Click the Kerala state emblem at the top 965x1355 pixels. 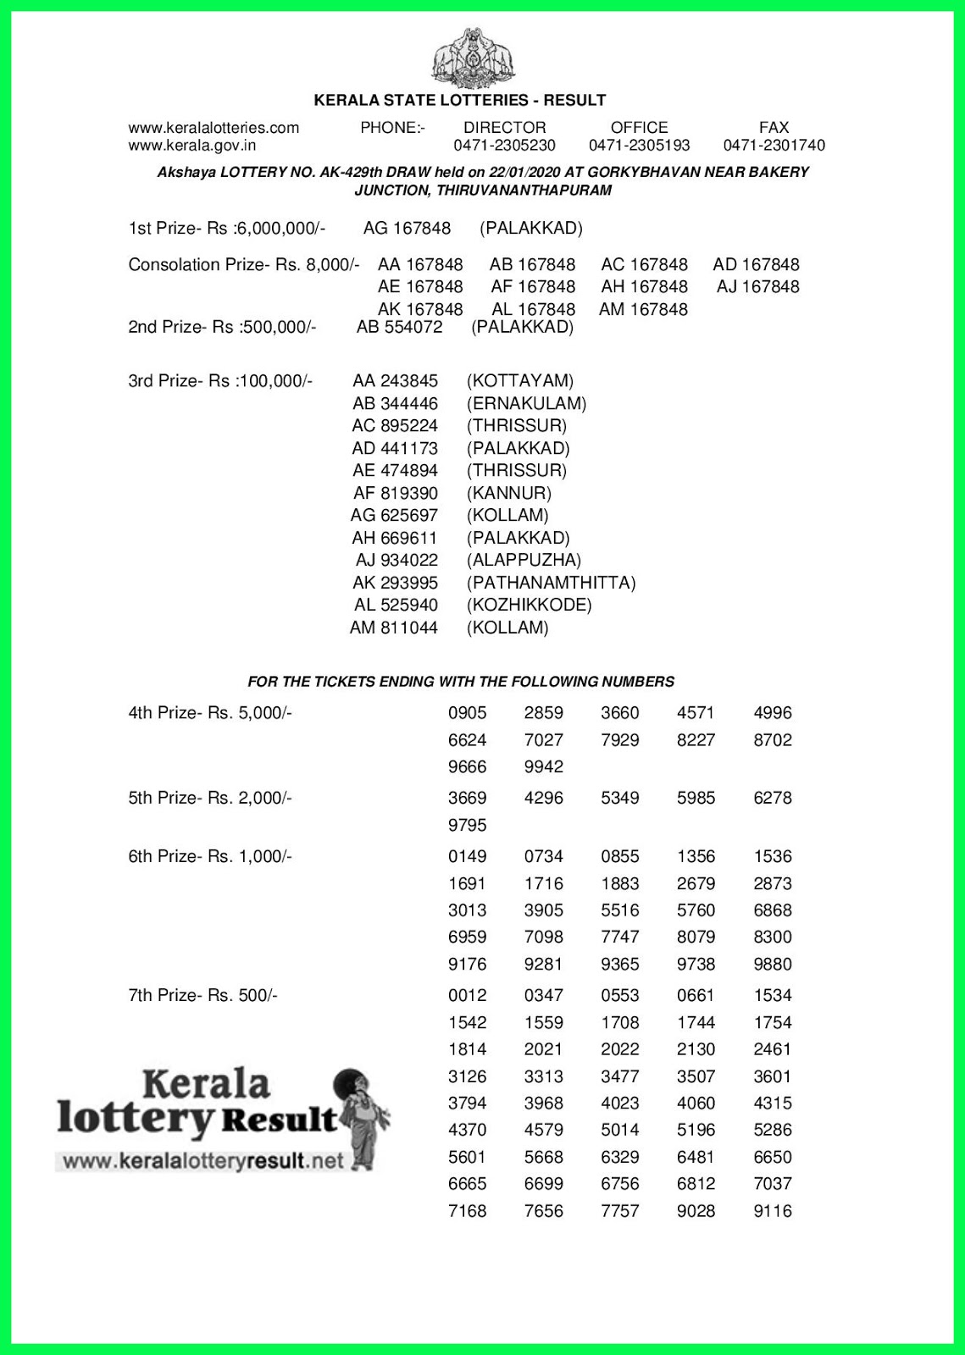click(474, 58)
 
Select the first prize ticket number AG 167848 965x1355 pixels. click(407, 229)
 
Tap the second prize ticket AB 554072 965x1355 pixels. click(399, 327)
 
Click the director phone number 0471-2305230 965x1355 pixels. click(504, 146)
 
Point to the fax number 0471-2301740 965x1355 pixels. click(774, 146)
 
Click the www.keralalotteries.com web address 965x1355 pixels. click(214, 128)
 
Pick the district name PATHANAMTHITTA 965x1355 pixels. click(551, 583)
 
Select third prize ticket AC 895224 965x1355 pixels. click(395, 426)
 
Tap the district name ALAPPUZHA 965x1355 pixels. click(524, 560)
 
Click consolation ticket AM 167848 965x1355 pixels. click(643, 310)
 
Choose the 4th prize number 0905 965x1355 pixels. click(467, 713)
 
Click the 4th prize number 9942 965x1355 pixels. click(543, 767)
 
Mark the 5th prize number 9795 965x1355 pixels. click(467, 825)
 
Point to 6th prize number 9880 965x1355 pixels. click(772, 965)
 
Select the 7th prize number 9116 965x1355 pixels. click(772, 1211)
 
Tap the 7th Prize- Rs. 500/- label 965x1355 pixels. click(202, 996)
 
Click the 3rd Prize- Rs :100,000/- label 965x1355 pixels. click(220, 381)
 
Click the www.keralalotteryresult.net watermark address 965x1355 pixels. click(203, 1161)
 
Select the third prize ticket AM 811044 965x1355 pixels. click(394, 628)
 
